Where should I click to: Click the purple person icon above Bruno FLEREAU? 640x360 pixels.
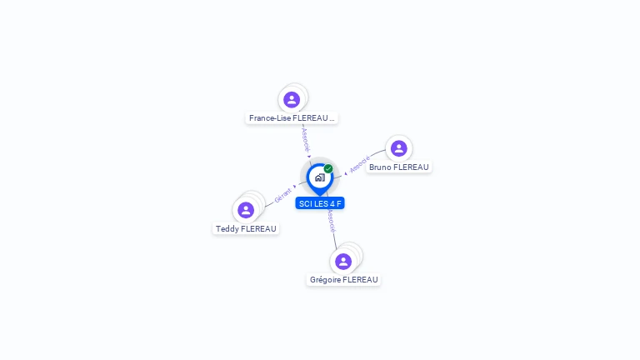tap(399, 148)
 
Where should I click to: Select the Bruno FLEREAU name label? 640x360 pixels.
tap(399, 167)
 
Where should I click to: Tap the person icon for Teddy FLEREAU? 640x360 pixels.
tap(246, 210)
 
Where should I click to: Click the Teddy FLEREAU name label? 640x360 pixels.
tap(246, 229)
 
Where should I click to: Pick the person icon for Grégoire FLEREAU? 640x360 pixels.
tap(343, 262)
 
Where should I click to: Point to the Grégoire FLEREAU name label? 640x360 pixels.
tap(343, 280)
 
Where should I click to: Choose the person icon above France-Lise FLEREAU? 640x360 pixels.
tap(292, 100)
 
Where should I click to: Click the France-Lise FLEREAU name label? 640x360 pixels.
tap(292, 118)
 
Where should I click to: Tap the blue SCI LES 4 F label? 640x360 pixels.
tap(320, 203)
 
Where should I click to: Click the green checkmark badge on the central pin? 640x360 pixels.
tap(328, 168)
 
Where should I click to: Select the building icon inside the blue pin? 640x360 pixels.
tap(320, 177)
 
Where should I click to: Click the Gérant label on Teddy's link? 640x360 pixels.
tap(282, 195)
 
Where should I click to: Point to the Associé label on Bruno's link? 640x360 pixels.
tap(360, 164)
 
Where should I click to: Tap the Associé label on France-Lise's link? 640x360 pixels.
tap(306, 140)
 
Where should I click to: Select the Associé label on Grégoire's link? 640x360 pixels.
tap(332, 221)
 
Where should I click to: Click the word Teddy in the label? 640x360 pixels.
tap(227, 229)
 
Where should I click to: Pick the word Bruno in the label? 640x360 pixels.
tap(380, 167)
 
